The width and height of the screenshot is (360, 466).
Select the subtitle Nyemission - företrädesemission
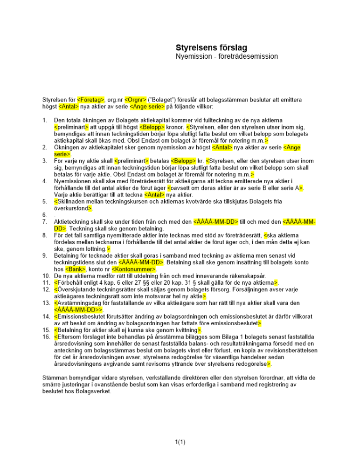tap(227, 56)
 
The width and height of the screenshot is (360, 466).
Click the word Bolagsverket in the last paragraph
tap(93, 392)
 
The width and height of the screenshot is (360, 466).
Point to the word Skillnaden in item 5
tap(72, 201)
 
